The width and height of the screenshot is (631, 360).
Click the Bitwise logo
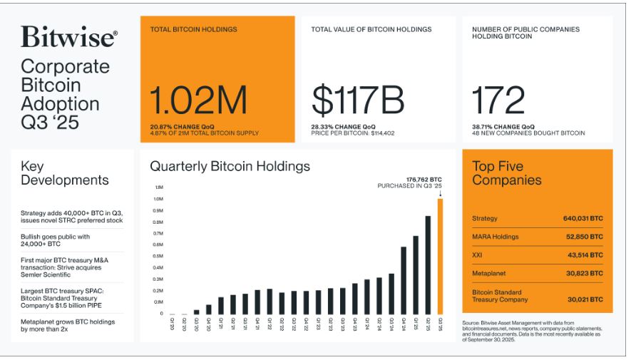tap(68, 37)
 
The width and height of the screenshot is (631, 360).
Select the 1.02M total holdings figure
tap(198, 101)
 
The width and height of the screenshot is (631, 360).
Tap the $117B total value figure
tap(359, 101)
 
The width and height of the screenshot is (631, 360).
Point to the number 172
tap(498, 101)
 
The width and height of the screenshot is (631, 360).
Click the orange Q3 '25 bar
tap(440, 256)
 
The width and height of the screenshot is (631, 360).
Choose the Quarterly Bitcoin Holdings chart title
tap(230, 166)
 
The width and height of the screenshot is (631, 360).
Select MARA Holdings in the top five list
tap(495, 237)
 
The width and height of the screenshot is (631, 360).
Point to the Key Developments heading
tap(64, 173)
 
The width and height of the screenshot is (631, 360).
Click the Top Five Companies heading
tap(506, 173)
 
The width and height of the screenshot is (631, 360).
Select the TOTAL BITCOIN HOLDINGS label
tap(194, 30)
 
